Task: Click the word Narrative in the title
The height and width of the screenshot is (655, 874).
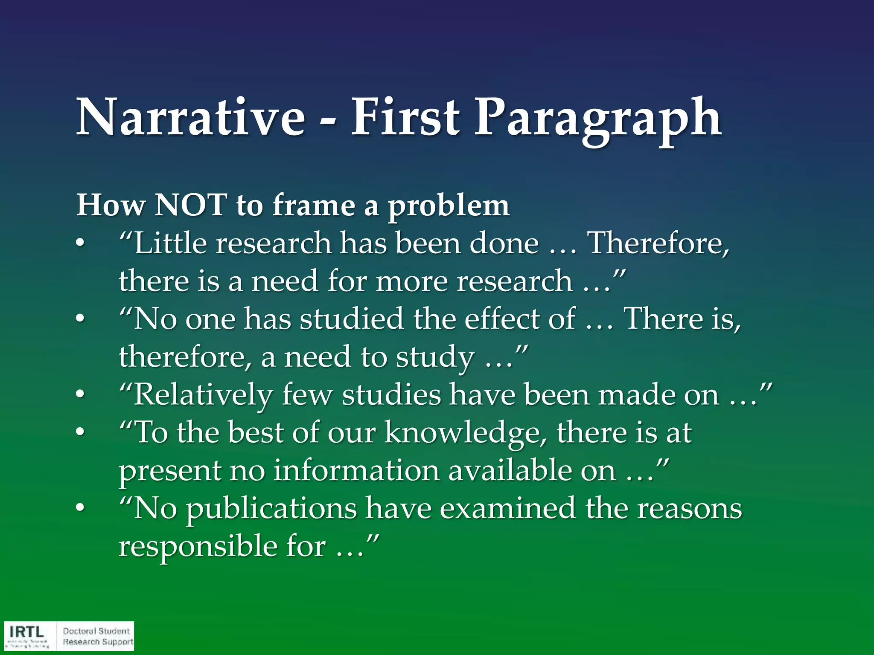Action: click(x=190, y=117)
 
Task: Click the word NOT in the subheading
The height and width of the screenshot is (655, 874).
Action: click(x=190, y=206)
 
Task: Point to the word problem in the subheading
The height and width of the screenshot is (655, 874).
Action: click(x=448, y=207)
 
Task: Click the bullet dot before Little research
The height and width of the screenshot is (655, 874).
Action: click(x=80, y=244)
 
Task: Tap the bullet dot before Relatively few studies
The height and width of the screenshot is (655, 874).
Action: click(x=80, y=395)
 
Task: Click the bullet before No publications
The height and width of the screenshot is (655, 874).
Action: click(x=80, y=509)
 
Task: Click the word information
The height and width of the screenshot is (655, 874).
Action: click(x=356, y=471)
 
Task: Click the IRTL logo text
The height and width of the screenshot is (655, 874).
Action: click(x=27, y=632)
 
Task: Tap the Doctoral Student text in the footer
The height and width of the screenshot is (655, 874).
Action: click(x=96, y=631)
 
